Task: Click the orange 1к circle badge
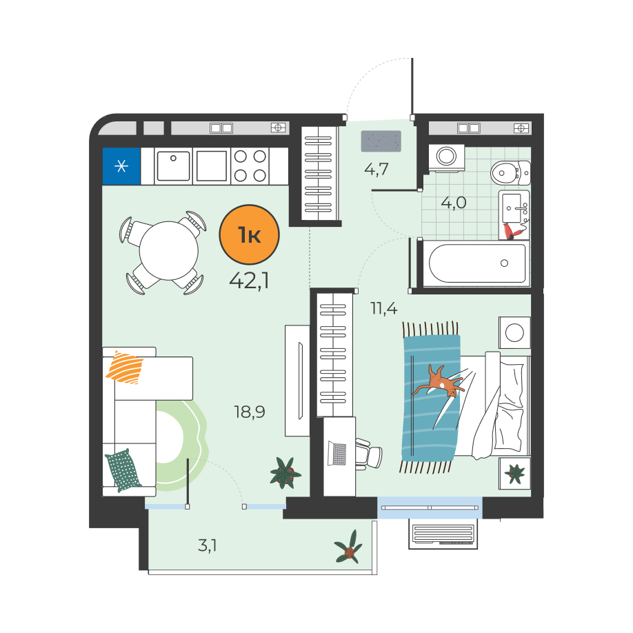coord(249,234)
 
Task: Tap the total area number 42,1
coord(249,281)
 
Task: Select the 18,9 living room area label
coord(250,412)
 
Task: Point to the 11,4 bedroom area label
coord(384,308)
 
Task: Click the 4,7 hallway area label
coord(376,169)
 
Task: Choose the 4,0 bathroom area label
coord(454,203)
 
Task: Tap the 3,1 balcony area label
coord(208,545)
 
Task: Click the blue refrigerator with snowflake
coord(121,166)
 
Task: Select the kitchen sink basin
coord(173,166)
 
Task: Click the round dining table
coord(169,251)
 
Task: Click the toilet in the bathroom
coord(510,173)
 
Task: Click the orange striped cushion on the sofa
coord(125,368)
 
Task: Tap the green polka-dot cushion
coord(123,470)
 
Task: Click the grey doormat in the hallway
coord(381,141)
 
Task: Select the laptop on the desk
coord(337,453)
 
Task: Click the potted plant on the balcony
coord(348,547)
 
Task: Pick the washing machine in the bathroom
coord(447,157)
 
